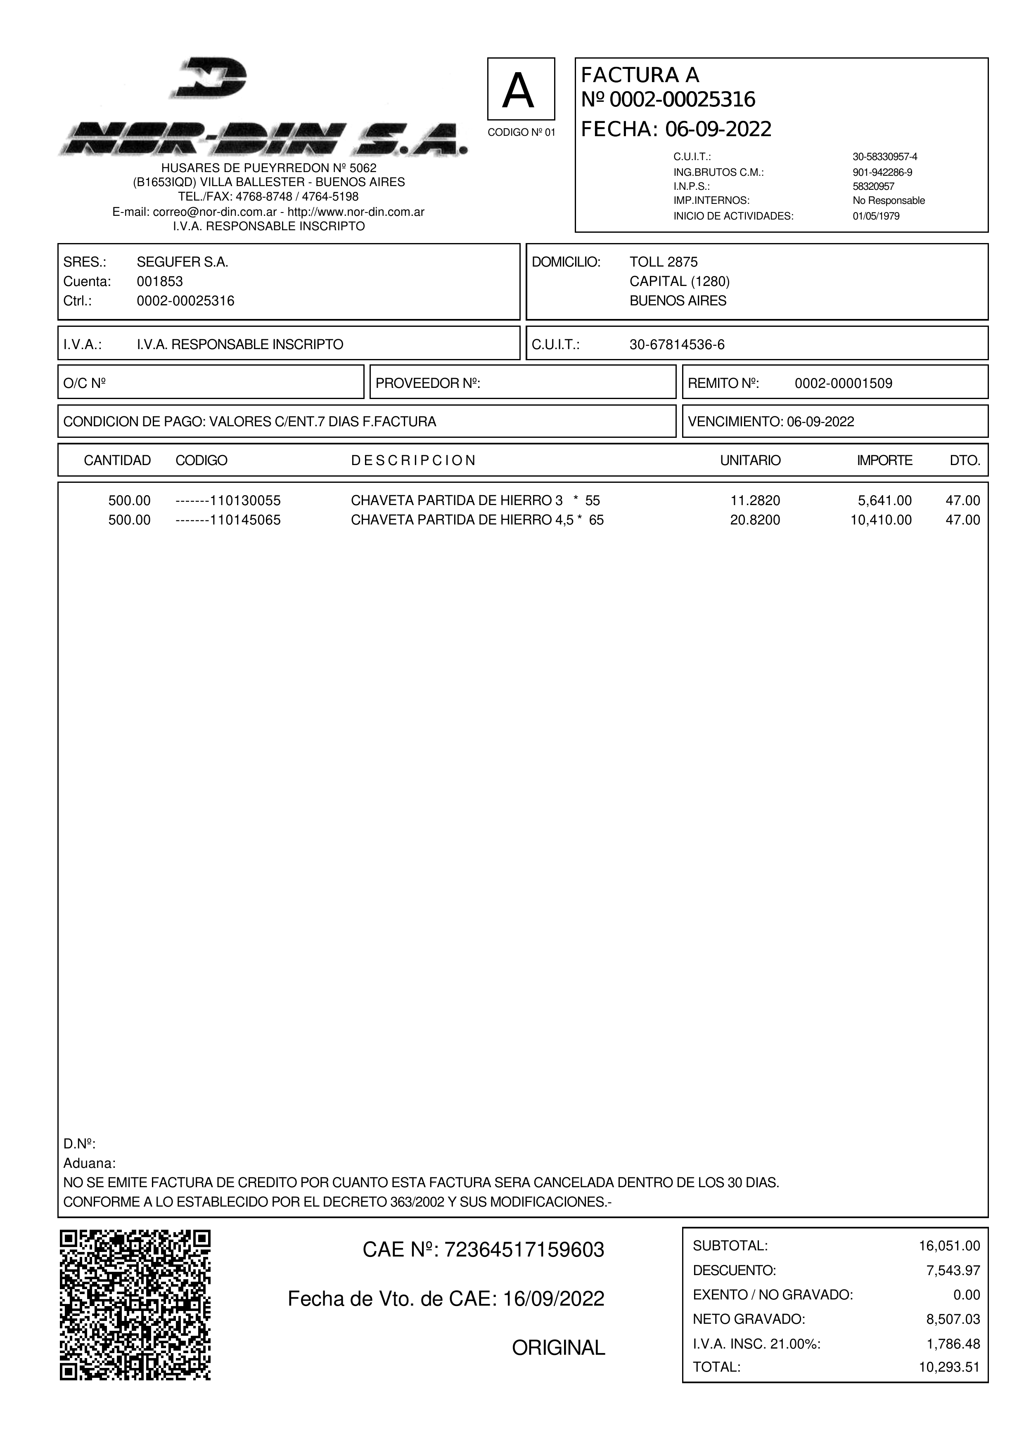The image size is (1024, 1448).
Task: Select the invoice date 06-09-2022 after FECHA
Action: pos(718,129)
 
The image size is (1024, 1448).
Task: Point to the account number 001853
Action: pos(160,281)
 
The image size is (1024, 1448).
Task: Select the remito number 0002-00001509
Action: pos(843,383)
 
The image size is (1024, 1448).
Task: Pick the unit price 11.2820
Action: pos(755,501)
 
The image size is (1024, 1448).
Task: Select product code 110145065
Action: pos(245,520)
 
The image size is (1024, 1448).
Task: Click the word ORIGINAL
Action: pos(558,1348)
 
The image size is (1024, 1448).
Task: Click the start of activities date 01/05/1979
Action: pos(876,216)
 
